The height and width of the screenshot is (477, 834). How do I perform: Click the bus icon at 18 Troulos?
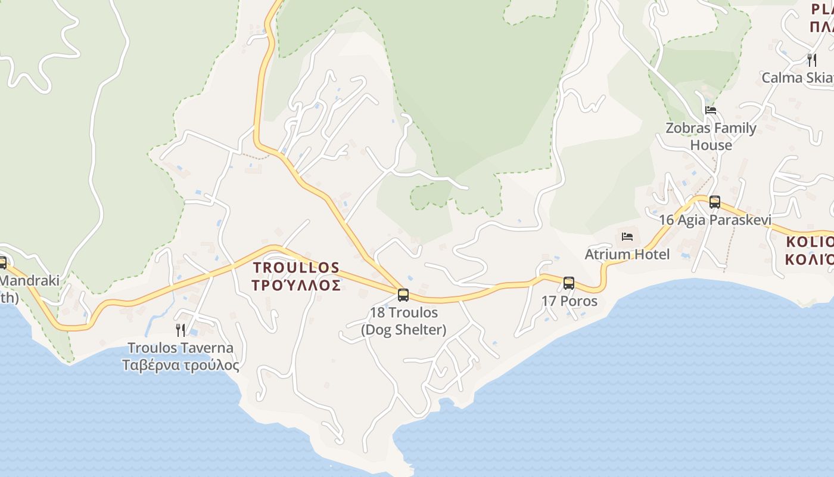pos(403,295)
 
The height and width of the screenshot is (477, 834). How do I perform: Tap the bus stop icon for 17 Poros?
pos(569,283)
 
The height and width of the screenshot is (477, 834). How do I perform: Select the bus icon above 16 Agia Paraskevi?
pos(715,202)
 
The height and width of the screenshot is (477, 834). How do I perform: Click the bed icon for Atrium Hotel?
pos(627,237)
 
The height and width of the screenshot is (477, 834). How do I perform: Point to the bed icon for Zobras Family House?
pos(710,110)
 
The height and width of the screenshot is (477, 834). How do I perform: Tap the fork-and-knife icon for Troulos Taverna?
pos(181,330)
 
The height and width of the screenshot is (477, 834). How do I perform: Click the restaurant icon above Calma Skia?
pos(812,60)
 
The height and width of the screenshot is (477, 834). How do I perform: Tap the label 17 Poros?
pos(569,301)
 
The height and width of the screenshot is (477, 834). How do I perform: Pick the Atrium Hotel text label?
pos(627,255)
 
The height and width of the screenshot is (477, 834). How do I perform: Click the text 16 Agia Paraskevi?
pos(715,220)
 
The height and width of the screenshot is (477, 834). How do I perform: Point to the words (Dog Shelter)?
pos(403,330)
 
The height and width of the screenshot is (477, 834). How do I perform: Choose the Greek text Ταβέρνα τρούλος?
pos(181,366)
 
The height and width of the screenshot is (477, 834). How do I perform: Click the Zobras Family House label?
pos(711,137)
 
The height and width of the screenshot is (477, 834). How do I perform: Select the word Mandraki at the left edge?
pos(30,280)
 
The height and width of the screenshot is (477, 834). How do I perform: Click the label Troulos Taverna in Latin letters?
pos(181,348)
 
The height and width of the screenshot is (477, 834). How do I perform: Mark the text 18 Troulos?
pos(403,312)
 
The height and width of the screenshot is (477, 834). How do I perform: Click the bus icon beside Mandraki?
pos(2,262)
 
